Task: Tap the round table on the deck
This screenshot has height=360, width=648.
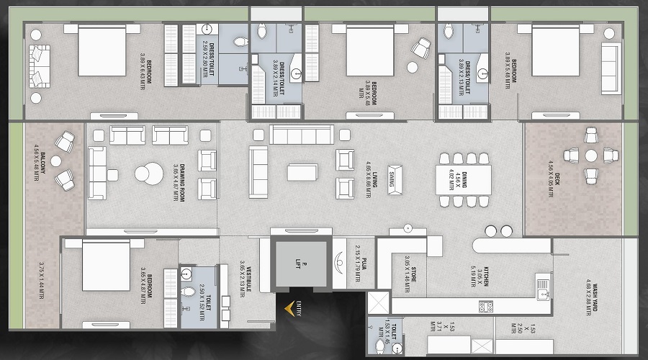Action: pos(591,156)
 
